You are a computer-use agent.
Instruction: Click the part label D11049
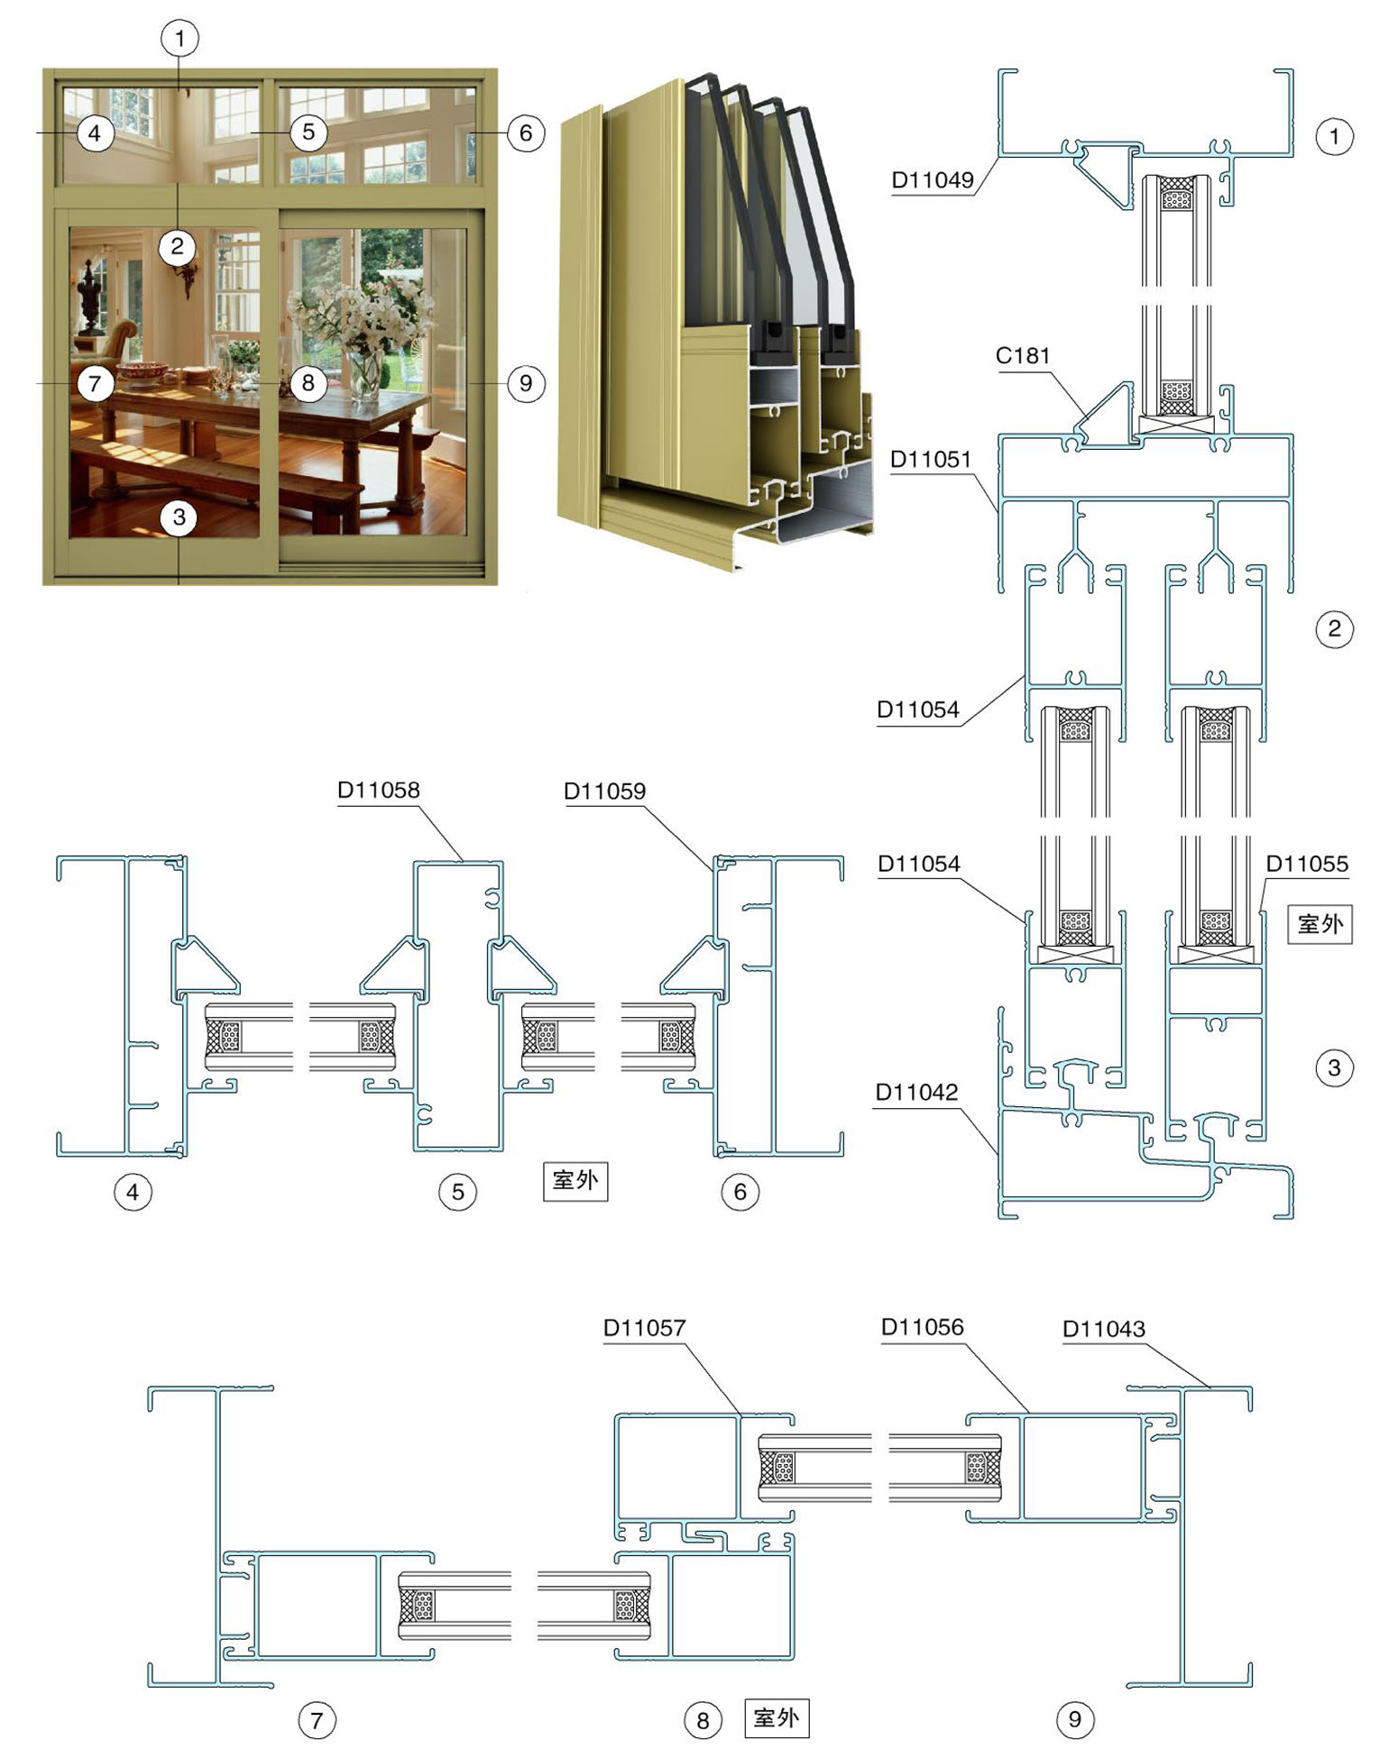(933, 179)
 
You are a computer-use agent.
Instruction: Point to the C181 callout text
(1023, 356)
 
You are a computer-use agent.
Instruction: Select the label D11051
(931, 460)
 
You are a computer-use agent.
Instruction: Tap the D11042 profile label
(916, 1093)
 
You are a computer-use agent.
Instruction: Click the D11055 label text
(1307, 864)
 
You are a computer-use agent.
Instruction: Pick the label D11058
(379, 791)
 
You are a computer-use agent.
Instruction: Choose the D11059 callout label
(605, 792)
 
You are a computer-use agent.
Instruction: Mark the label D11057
(645, 1328)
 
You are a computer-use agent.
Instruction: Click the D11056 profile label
(923, 1327)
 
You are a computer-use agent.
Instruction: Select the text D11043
(1104, 1329)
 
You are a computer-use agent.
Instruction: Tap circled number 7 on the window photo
(95, 384)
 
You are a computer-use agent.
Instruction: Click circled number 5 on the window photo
(308, 133)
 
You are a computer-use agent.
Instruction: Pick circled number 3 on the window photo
(179, 517)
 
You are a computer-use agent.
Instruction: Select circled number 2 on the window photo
(177, 246)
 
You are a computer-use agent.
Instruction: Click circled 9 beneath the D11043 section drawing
(1074, 1719)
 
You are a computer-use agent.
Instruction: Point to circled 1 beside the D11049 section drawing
(1335, 137)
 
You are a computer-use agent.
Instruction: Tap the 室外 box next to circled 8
(777, 1717)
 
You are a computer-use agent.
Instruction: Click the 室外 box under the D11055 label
(1320, 924)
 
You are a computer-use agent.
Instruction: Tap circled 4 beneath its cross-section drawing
(133, 1192)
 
